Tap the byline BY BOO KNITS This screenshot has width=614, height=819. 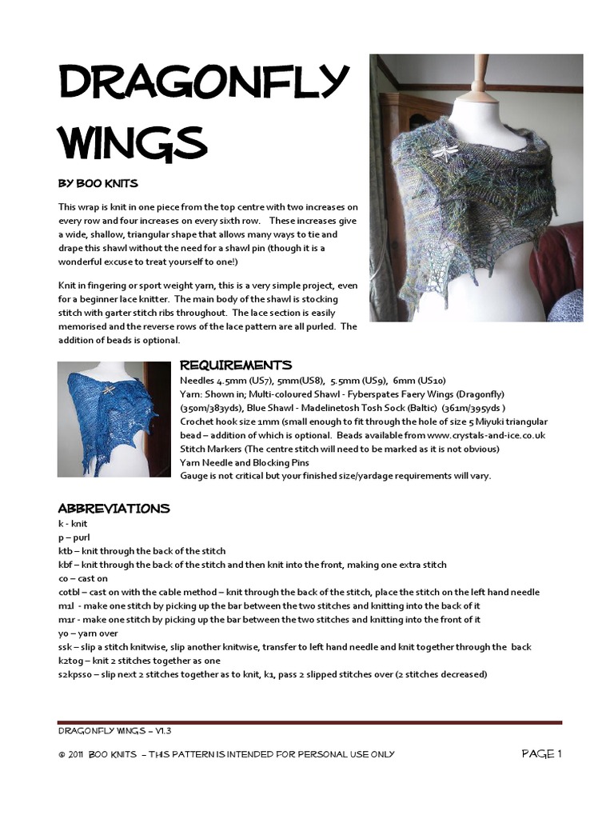click(x=93, y=183)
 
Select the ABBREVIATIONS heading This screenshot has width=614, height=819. click(x=114, y=508)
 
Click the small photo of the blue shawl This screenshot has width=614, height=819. click(x=114, y=419)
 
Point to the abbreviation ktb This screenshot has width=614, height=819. click(x=66, y=551)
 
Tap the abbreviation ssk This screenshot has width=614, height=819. click(x=65, y=647)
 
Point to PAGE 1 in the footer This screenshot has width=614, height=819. click(x=542, y=753)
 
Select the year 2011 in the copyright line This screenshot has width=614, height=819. click(x=74, y=754)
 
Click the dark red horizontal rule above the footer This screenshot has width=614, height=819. click(x=309, y=722)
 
